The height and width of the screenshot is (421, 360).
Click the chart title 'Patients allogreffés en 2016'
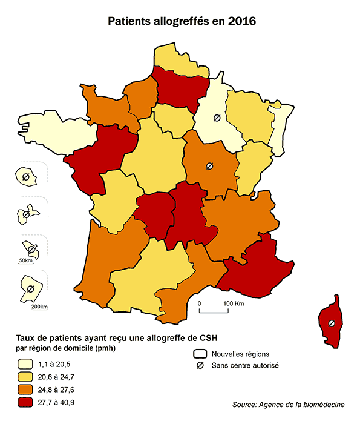(182, 22)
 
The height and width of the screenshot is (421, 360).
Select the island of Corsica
(331, 321)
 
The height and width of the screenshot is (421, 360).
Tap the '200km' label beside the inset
(39, 307)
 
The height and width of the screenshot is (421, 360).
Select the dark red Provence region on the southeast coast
(254, 267)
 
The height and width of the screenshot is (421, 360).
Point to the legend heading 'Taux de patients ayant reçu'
(112, 338)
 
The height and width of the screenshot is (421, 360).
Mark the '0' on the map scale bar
(200, 303)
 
